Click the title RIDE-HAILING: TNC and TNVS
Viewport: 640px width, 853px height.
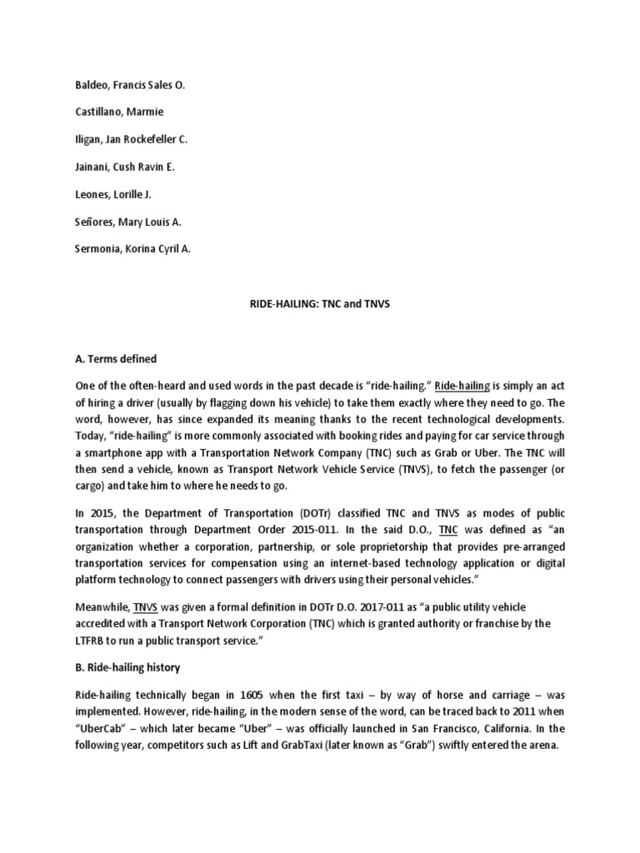pos(319,304)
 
